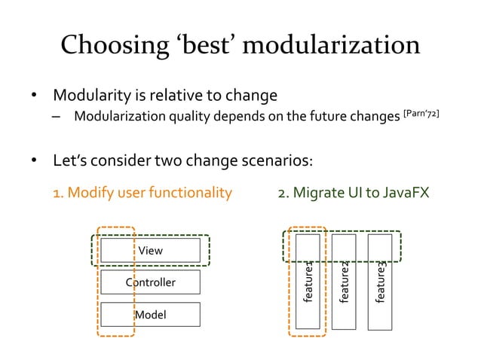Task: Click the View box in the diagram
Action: point(150,249)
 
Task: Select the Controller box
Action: point(150,282)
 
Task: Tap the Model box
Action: point(150,314)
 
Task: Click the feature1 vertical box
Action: point(308,282)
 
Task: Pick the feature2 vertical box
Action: point(344,282)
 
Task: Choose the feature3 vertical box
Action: point(380,282)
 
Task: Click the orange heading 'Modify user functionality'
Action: point(142,194)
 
